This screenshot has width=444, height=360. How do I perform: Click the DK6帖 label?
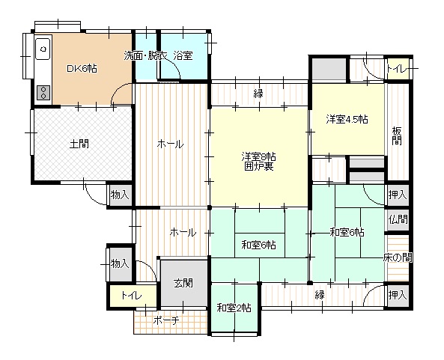click(81, 69)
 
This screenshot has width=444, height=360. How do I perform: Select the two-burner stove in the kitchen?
click(43, 93)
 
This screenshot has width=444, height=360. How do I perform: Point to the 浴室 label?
click(183, 55)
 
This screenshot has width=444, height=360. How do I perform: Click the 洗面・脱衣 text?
click(145, 55)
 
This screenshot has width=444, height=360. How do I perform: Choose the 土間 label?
click(79, 143)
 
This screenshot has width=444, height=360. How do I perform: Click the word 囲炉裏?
click(258, 167)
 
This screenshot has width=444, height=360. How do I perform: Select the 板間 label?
click(397, 135)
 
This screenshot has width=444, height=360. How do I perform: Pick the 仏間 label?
click(398, 219)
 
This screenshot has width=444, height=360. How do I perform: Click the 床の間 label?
click(398, 257)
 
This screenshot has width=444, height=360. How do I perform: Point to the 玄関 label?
click(183, 283)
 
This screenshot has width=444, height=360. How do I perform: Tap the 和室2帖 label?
click(234, 307)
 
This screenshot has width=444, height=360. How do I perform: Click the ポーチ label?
click(165, 320)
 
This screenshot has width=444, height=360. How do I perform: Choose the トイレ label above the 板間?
click(397, 70)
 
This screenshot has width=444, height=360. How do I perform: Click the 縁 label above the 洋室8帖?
click(258, 94)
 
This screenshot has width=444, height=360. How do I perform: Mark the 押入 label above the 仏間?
click(398, 195)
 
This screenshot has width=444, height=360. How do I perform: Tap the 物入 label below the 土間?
click(119, 195)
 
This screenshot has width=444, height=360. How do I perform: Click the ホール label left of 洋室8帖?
click(170, 144)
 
